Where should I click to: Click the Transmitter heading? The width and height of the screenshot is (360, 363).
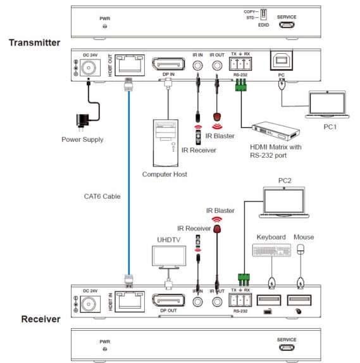[x=34, y=42]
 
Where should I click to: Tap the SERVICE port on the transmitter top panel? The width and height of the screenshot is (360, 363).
[x=287, y=26]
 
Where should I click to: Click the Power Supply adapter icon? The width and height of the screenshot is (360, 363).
[x=81, y=119]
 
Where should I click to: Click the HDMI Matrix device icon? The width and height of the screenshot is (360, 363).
[x=276, y=131]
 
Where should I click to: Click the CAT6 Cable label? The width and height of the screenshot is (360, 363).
[x=102, y=196]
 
